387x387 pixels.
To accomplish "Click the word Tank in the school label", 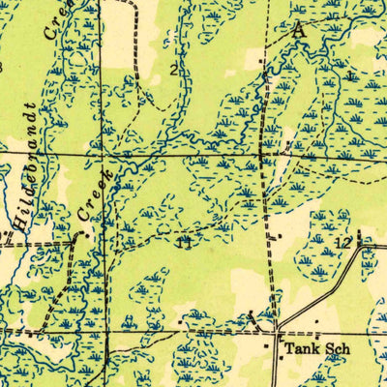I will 295,345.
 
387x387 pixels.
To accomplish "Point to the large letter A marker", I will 297,30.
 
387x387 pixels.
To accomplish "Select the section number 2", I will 174,69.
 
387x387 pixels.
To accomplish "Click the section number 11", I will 184,242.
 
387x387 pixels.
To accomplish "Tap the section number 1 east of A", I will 347,73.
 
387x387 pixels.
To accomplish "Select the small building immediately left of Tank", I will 270,343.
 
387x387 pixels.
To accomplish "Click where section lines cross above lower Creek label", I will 101,153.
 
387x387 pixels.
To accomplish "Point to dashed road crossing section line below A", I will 262,154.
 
